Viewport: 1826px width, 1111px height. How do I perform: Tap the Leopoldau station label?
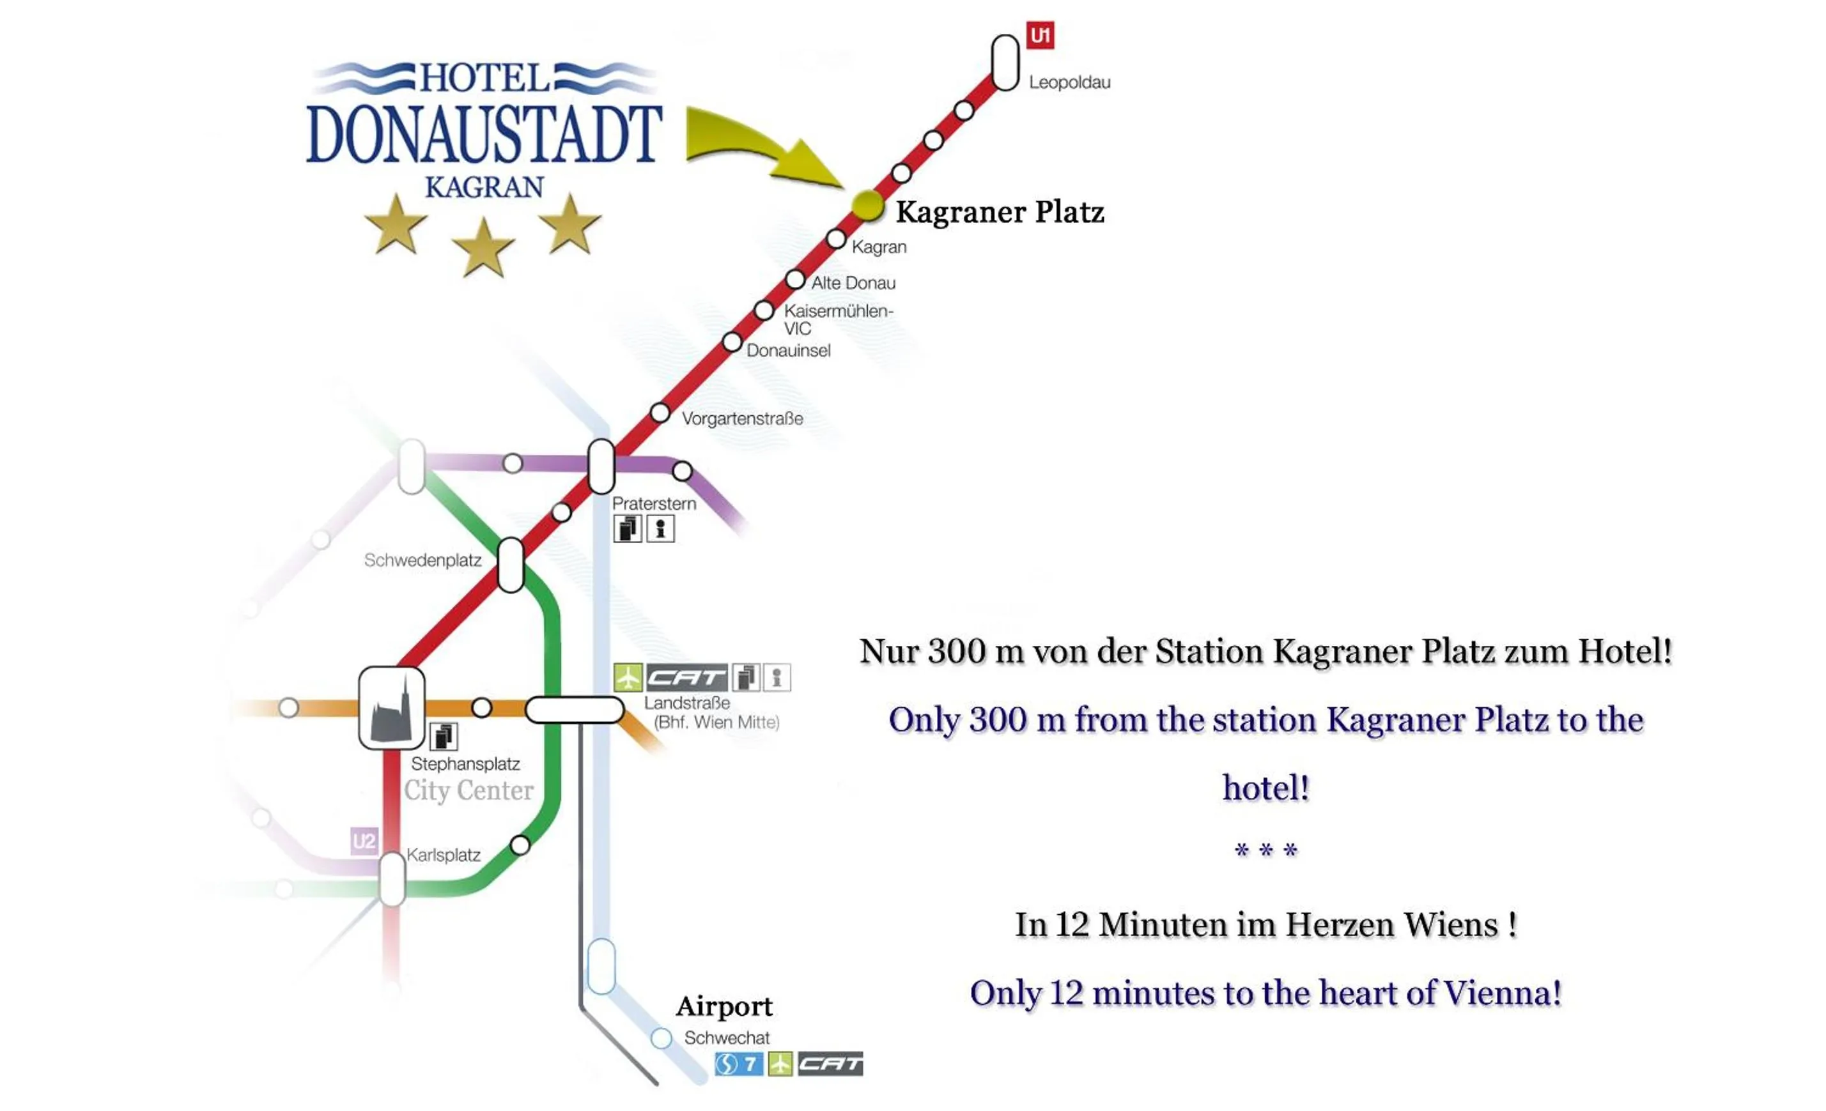[1069, 82]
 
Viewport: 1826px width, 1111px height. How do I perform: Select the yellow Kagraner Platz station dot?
[867, 205]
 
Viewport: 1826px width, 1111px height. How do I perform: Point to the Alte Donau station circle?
[794, 280]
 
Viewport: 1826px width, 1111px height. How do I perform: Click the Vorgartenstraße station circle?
[660, 413]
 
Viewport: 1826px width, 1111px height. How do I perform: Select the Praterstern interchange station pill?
[601, 466]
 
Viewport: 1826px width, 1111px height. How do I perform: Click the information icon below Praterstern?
[660, 529]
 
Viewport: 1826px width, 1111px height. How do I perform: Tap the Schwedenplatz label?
[422, 561]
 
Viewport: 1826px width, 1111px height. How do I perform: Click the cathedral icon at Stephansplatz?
[391, 709]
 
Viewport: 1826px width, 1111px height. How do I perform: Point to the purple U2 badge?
[364, 841]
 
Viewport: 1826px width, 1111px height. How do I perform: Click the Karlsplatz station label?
[443, 855]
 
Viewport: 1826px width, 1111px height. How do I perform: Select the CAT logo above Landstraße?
[686, 677]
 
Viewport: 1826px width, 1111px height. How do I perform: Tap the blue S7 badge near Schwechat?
[738, 1064]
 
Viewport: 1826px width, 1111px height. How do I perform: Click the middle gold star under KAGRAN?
[483, 247]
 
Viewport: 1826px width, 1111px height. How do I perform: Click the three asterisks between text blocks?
[1265, 850]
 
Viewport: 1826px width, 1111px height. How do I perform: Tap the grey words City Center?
[468, 790]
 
